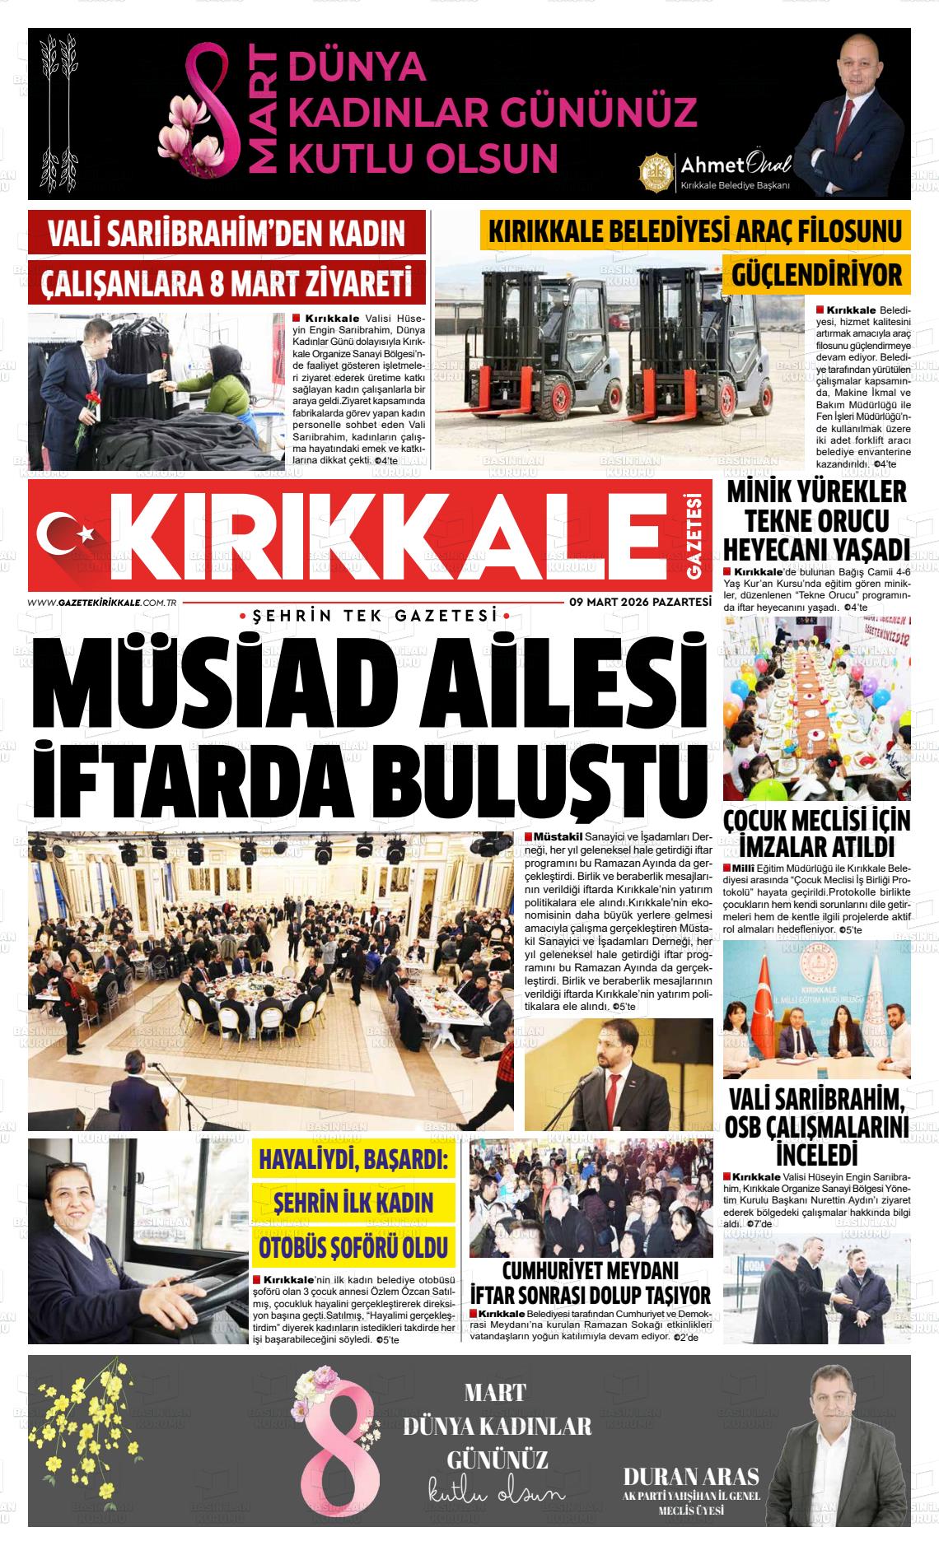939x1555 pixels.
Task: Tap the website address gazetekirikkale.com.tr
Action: (103, 603)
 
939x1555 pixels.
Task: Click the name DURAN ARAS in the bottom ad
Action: (691, 1475)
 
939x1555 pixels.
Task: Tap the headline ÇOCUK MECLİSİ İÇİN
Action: (816, 821)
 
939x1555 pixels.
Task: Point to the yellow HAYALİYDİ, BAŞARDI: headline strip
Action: (353, 1161)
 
